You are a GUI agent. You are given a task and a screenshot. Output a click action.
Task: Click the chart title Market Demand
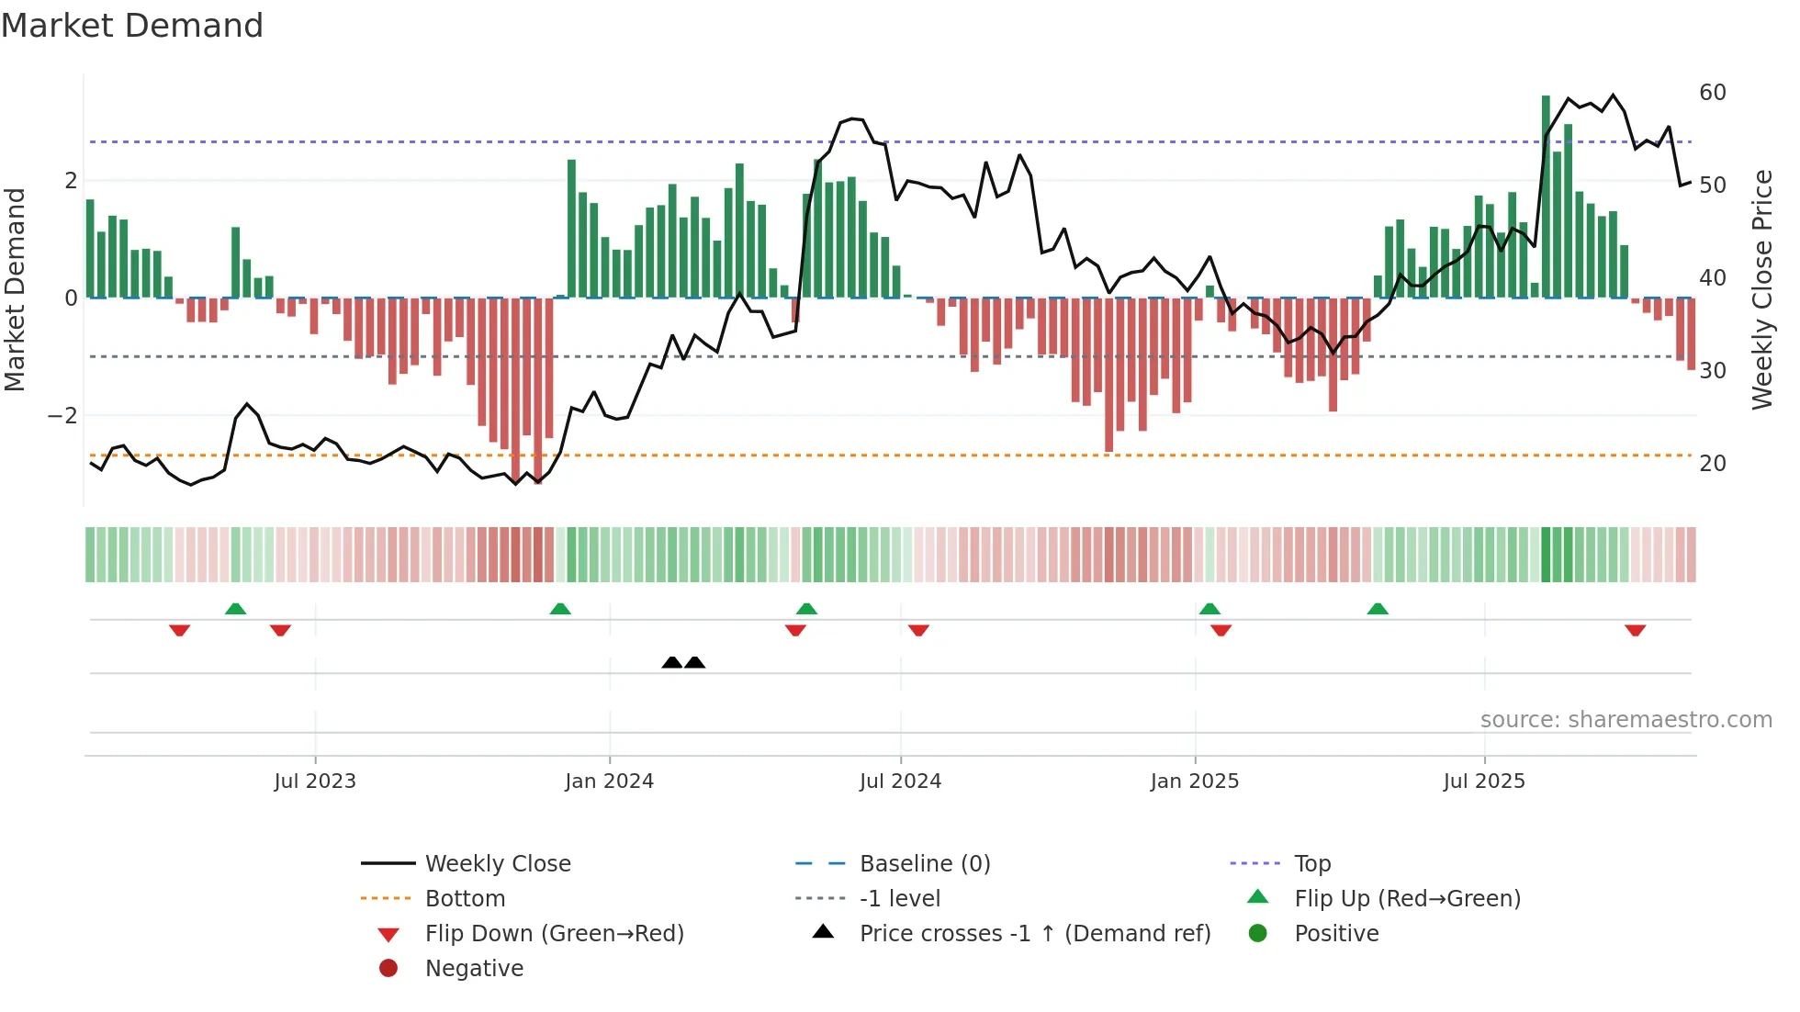coord(132,26)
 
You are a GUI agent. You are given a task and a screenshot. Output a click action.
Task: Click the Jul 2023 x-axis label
coord(315,781)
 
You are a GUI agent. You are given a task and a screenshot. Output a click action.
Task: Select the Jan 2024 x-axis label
coord(609,781)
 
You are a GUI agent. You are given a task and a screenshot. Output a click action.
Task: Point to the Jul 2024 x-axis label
coord(900,781)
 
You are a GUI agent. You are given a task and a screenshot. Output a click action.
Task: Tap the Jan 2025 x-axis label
coord(1194,781)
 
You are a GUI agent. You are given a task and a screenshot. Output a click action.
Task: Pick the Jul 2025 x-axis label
coord(1484,781)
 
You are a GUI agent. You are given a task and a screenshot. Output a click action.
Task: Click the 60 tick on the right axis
coord(1712,93)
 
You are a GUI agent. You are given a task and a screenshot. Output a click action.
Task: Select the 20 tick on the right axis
coord(1712,464)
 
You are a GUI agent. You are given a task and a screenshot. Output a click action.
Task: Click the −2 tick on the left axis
coord(62,416)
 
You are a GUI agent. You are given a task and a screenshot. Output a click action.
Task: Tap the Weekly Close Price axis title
coord(1762,289)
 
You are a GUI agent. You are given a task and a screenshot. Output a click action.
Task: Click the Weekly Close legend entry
coord(497,864)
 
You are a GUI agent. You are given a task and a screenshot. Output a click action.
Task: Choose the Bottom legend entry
coord(465,899)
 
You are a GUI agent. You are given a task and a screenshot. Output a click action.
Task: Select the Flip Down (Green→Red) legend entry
coord(554,934)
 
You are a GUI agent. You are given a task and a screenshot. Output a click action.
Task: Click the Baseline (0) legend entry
coord(924,864)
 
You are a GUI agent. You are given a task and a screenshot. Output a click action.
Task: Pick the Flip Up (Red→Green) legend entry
coord(1407,899)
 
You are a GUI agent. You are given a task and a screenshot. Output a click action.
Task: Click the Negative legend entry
coord(474,969)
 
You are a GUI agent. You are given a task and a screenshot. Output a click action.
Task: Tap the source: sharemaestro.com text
coord(1626,720)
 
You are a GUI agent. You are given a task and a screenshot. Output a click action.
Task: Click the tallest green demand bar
coord(1546,197)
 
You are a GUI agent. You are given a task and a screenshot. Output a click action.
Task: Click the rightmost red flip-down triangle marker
coord(1635,630)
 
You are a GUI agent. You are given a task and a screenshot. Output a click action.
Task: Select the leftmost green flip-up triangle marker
coord(235,609)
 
